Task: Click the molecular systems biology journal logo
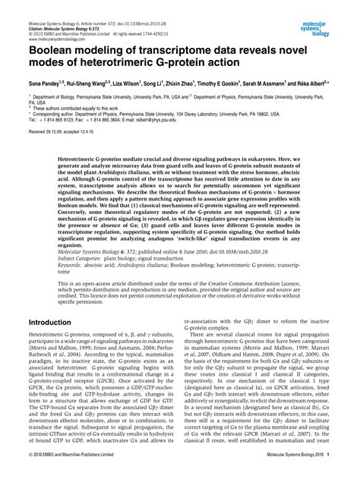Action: click(331, 11)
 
